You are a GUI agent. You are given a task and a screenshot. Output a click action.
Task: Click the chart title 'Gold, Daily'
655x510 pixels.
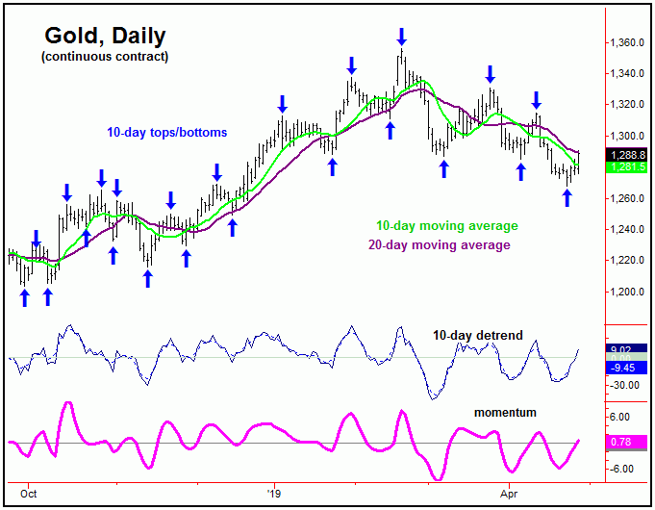(x=105, y=36)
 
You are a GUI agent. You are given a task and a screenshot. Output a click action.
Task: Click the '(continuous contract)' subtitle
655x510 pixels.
(x=105, y=58)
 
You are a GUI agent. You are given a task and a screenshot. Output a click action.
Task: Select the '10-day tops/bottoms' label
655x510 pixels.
(x=168, y=132)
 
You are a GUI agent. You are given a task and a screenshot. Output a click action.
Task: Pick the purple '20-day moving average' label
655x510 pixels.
(x=440, y=245)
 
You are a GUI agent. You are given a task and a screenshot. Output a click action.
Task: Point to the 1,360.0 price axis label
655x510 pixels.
(x=626, y=43)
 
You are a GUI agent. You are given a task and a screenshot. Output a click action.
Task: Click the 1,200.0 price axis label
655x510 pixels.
(x=626, y=292)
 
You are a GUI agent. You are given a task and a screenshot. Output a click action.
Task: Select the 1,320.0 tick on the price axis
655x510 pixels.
(x=626, y=105)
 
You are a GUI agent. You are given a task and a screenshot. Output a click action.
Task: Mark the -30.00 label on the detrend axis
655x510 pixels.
(x=626, y=385)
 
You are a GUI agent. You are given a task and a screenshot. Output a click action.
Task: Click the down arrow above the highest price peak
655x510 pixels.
(x=401, y=37)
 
